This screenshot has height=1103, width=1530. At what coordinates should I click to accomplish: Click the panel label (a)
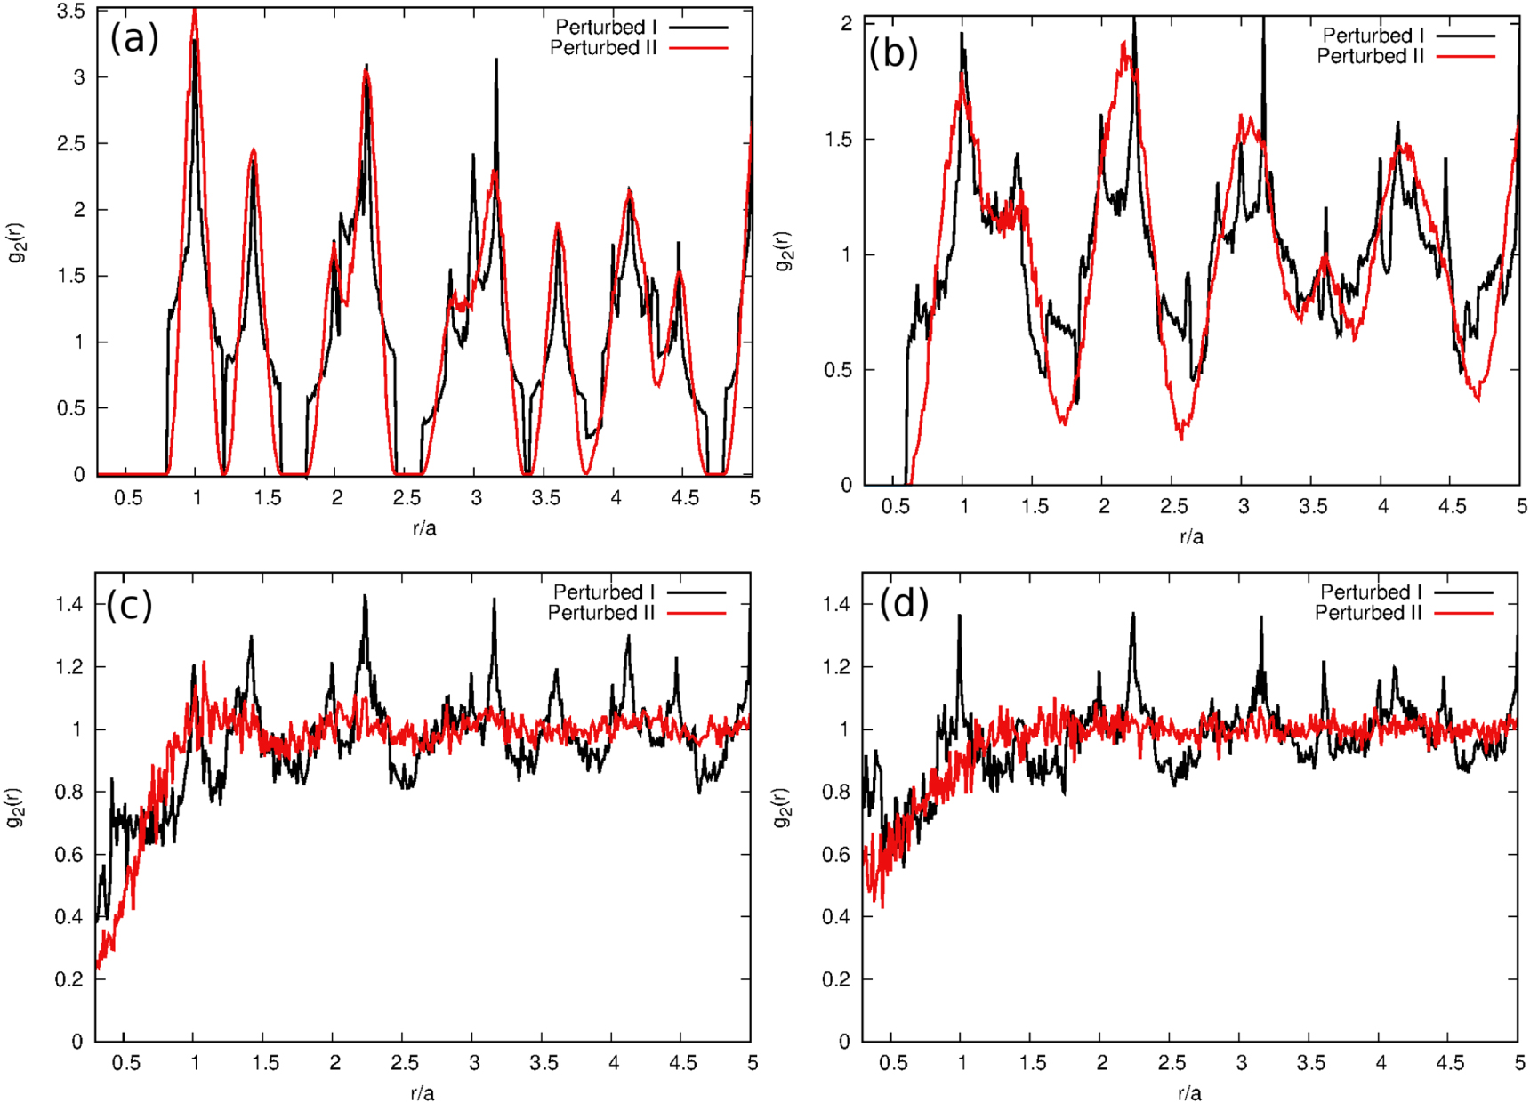(x=134, y=38)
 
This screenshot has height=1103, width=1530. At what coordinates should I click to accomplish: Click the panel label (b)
(x=892, y=53)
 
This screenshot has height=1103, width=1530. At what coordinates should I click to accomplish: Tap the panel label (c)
(x=130, y=605)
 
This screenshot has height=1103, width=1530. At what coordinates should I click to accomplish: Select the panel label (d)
(x=904, y=604)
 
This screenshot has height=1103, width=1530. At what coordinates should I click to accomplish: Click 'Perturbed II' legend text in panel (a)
(x=602, y=48)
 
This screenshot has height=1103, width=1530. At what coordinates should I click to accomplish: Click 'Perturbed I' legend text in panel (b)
(x=1373, y=36)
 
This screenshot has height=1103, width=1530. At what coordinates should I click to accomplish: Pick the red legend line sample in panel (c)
(x=697, y=613)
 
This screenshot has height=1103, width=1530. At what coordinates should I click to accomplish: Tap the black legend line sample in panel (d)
(x=1463, y=592)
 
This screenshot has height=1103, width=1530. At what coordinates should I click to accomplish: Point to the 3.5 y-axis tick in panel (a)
(x=70, y=12)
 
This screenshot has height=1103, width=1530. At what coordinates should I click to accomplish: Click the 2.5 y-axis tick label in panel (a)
(x=70, y=143)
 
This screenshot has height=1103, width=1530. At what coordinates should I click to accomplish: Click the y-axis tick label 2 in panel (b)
(x=846, y=24)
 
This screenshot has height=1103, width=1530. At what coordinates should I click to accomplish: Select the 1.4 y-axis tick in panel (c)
(x=69, y=605)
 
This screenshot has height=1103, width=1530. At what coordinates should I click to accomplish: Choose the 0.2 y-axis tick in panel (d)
(x=836, y=979)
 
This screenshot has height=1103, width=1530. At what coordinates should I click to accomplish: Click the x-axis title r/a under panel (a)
(x=424, y=528)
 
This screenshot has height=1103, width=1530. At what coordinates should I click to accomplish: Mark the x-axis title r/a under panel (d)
(x=1189, y=1093)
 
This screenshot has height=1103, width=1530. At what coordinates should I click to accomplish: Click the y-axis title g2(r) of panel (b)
(x=783, y=251)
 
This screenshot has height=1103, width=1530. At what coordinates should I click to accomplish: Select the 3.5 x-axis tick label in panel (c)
(x=544, y=1063)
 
